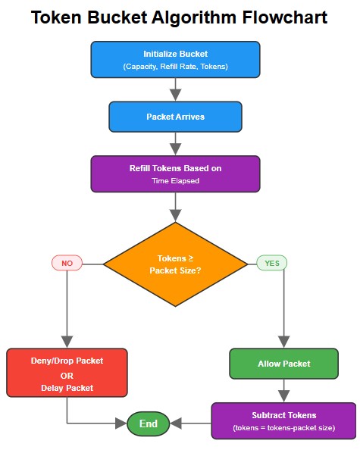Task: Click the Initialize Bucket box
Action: (x=175, y=60)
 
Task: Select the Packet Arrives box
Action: (x=175, y=117)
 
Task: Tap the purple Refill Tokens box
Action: (x=175, y=174)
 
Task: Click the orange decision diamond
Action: (x=175, y=264)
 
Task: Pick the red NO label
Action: (x=67, y=263)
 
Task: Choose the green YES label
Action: (x=271, y=263)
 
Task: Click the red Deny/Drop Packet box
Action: (x=67, y=373)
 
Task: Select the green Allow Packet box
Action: (x=283, y=364)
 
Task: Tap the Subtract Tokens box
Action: (x=283, y=421)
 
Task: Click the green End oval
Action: (x=148, y=423)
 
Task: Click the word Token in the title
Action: (x=58, y=19)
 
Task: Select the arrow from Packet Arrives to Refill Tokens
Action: (x=175, y=143)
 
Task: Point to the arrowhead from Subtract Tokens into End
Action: (x=176, y=423)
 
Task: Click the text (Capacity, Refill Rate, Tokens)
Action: (x=175, y=67)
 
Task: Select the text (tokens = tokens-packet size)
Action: (x=283, y=429)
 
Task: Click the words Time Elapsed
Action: (x=175, y=182)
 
